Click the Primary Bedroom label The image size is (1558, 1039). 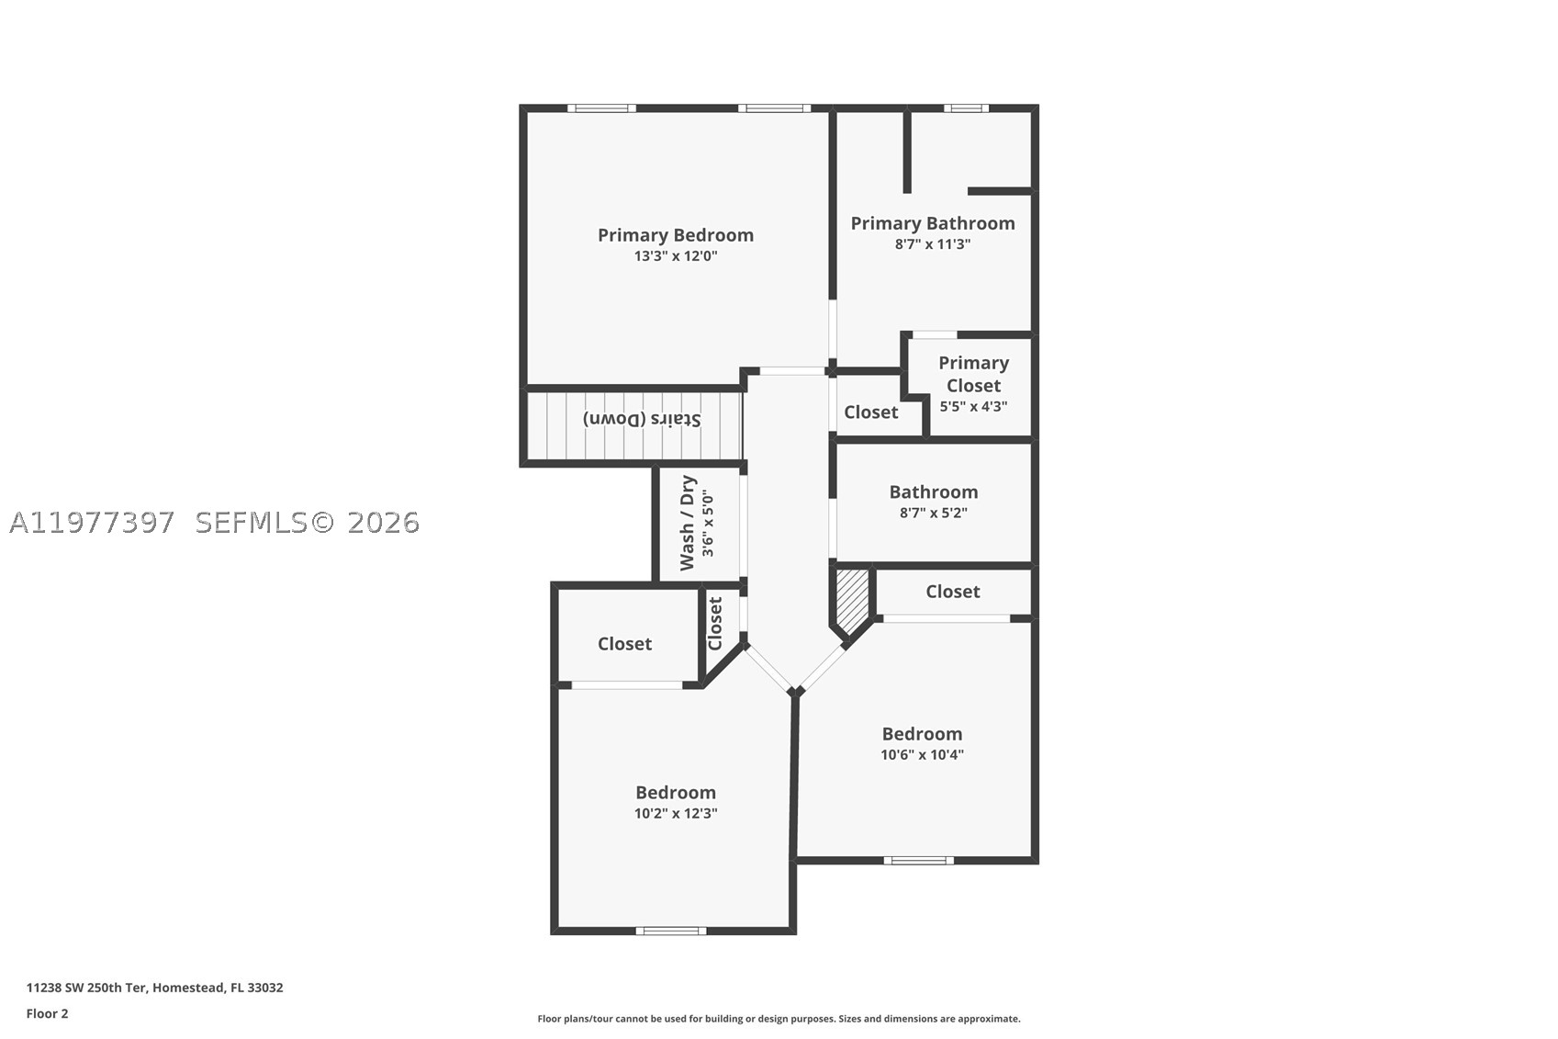pos(676,235)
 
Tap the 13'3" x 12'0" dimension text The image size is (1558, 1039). pos(676,256)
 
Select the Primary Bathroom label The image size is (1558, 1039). pos(933,223)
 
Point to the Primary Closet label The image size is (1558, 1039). pos(973,375)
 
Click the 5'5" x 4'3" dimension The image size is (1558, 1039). pos(973,406)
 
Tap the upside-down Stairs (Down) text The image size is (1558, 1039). pos(641,419)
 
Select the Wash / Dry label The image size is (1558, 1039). pos(687,523)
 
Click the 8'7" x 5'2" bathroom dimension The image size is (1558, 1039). pos(934,513)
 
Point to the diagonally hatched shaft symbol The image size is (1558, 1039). pos(852,602)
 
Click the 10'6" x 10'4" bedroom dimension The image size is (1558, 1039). pos(923,754)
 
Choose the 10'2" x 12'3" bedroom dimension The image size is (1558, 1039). pos(676,813)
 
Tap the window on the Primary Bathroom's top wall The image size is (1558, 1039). pos(966,107)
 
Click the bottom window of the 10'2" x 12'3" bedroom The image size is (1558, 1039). pos(670,931)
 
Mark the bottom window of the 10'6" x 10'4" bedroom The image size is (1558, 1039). pos(919,860)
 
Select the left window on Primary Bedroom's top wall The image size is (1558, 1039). pos(601,107)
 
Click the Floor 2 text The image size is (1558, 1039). pos(48,1013)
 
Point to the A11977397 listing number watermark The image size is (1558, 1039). pos(91,523)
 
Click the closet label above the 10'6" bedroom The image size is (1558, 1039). pos(952,592)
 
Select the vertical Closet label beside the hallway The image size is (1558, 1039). pos(715,624)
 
